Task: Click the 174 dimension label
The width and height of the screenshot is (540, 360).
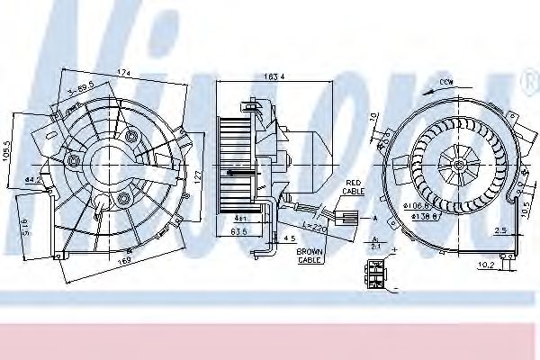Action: [123, 71]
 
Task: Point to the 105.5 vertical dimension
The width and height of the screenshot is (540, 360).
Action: [9, 148]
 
